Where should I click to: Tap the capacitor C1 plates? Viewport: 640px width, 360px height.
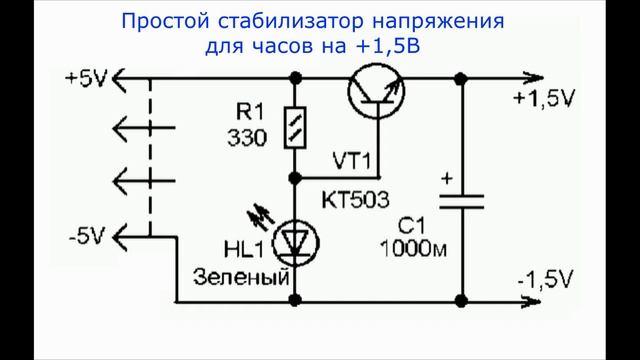461,201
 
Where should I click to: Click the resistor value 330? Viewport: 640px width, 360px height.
248,138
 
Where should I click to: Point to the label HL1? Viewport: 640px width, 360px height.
237,247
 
